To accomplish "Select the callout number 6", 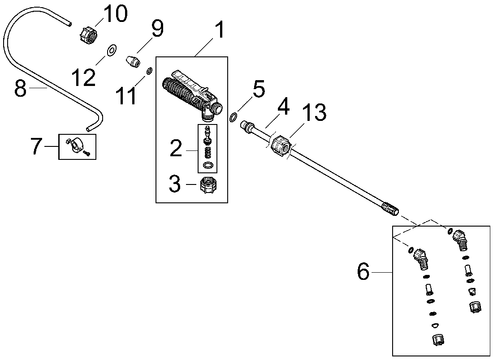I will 363,272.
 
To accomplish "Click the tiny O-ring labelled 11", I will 149,70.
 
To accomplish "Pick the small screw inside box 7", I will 87,153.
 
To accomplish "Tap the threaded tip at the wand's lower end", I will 390,210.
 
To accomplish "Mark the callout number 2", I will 176,149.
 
